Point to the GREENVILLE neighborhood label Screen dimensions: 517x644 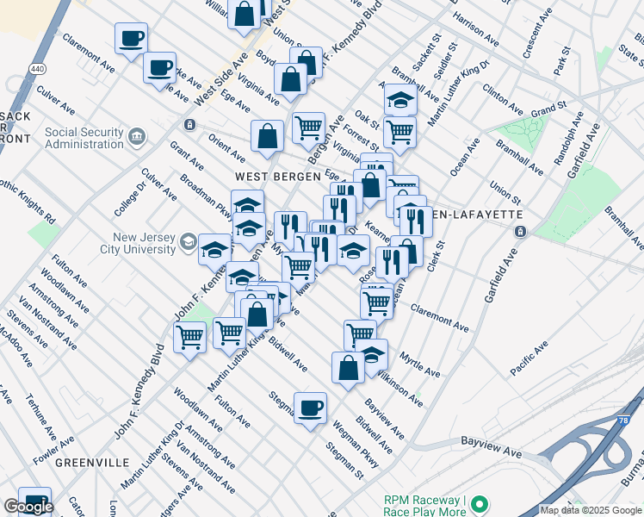coord(86,462)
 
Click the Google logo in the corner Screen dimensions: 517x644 coord(28,506)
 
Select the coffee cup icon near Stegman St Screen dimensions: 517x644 coord(310,408)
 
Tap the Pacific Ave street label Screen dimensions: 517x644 coord(529,358)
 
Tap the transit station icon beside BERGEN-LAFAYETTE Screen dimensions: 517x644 coord(520,231)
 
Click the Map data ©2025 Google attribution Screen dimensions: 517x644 coord(591,510)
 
